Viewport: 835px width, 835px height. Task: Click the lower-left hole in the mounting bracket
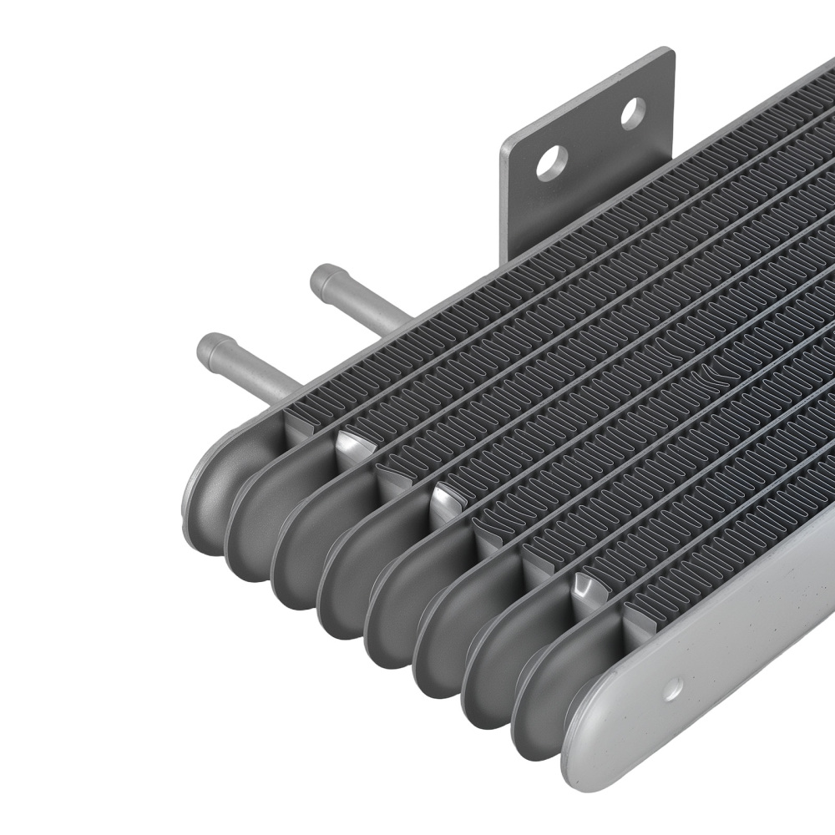(552, 163)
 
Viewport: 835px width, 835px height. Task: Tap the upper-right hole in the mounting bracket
(633, 113)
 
